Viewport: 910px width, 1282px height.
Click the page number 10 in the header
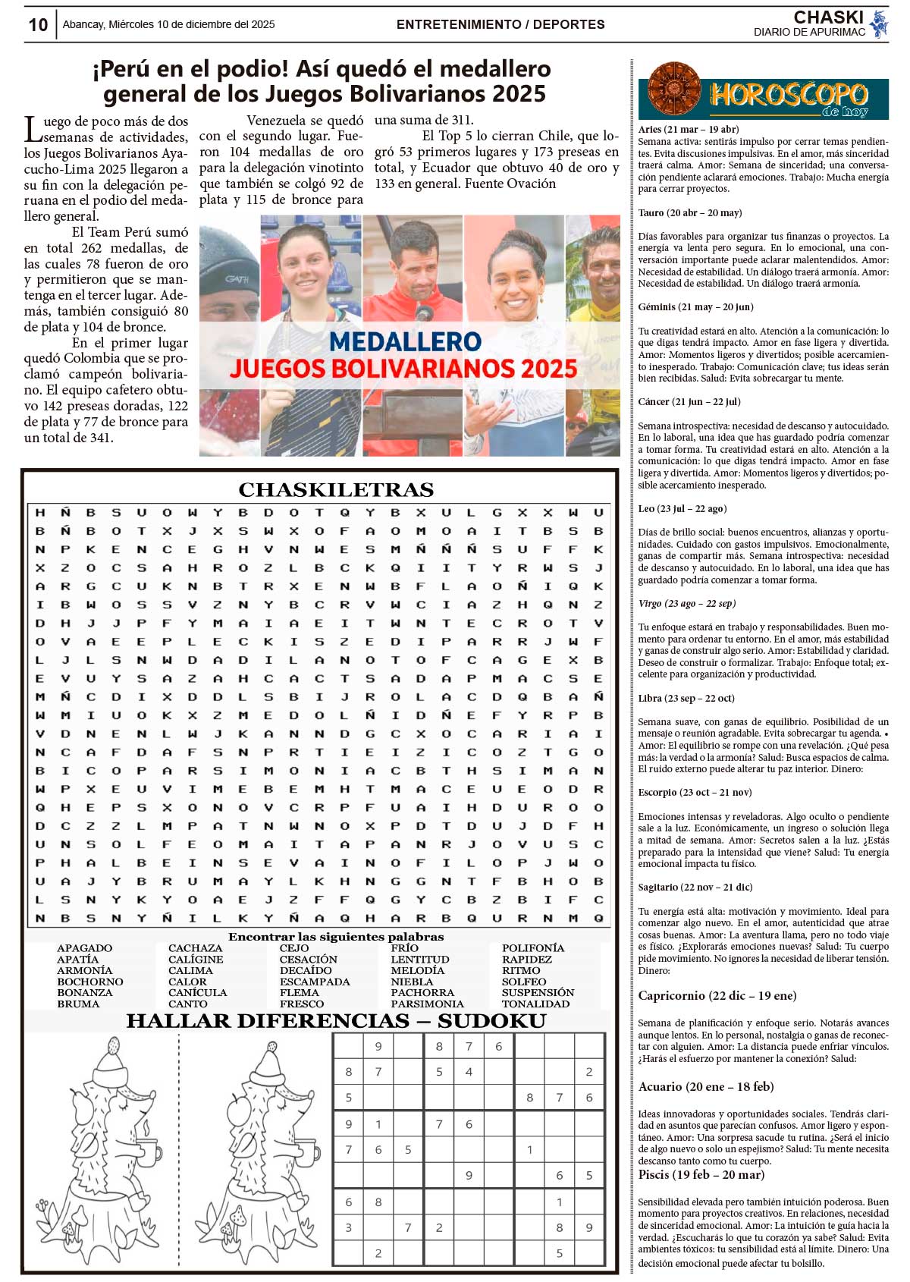[x=38, y=25]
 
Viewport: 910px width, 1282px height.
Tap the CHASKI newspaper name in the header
[x=828, y=17]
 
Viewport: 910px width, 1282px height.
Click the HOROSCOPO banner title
[x=789, y=96]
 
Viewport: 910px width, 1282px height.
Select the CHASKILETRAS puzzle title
[x=336, y=489]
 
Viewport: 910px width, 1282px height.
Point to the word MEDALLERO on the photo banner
[x=405, y=341]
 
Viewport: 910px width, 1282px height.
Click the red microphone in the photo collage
[x=424, y=312]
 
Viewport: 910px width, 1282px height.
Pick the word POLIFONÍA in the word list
[x=533, y=948]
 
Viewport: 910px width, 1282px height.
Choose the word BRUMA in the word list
[x=78, y=1004]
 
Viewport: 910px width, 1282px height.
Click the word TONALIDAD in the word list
[x=535, y=1004]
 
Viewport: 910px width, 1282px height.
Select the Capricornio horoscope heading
[x=717, y=995]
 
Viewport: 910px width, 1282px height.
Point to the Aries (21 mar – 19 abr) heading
[x=688, y=129]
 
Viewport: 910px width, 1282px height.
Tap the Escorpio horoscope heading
[x=695, y=792]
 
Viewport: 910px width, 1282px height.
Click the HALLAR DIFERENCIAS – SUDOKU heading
[x=336, y=1021]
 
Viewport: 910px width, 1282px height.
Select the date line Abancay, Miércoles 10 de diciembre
[x=168, y=24]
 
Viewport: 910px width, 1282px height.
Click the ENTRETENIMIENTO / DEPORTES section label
[x=500, y=24]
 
